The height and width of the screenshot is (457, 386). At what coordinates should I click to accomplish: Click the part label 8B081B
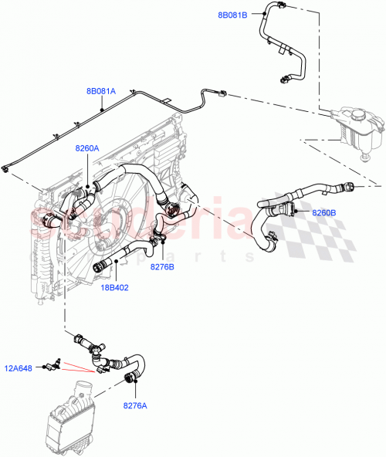[x=232, y=15]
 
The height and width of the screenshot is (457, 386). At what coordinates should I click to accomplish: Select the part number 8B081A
[x=101, y=91]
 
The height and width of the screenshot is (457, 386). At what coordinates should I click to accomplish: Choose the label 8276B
[x=162, y=266]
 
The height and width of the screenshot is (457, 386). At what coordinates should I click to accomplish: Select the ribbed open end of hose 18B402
[x=99, y=267]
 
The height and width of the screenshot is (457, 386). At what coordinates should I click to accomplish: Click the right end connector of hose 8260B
[x=350, y=186]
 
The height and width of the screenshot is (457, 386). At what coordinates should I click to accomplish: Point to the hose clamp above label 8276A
[x=130, y=377]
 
